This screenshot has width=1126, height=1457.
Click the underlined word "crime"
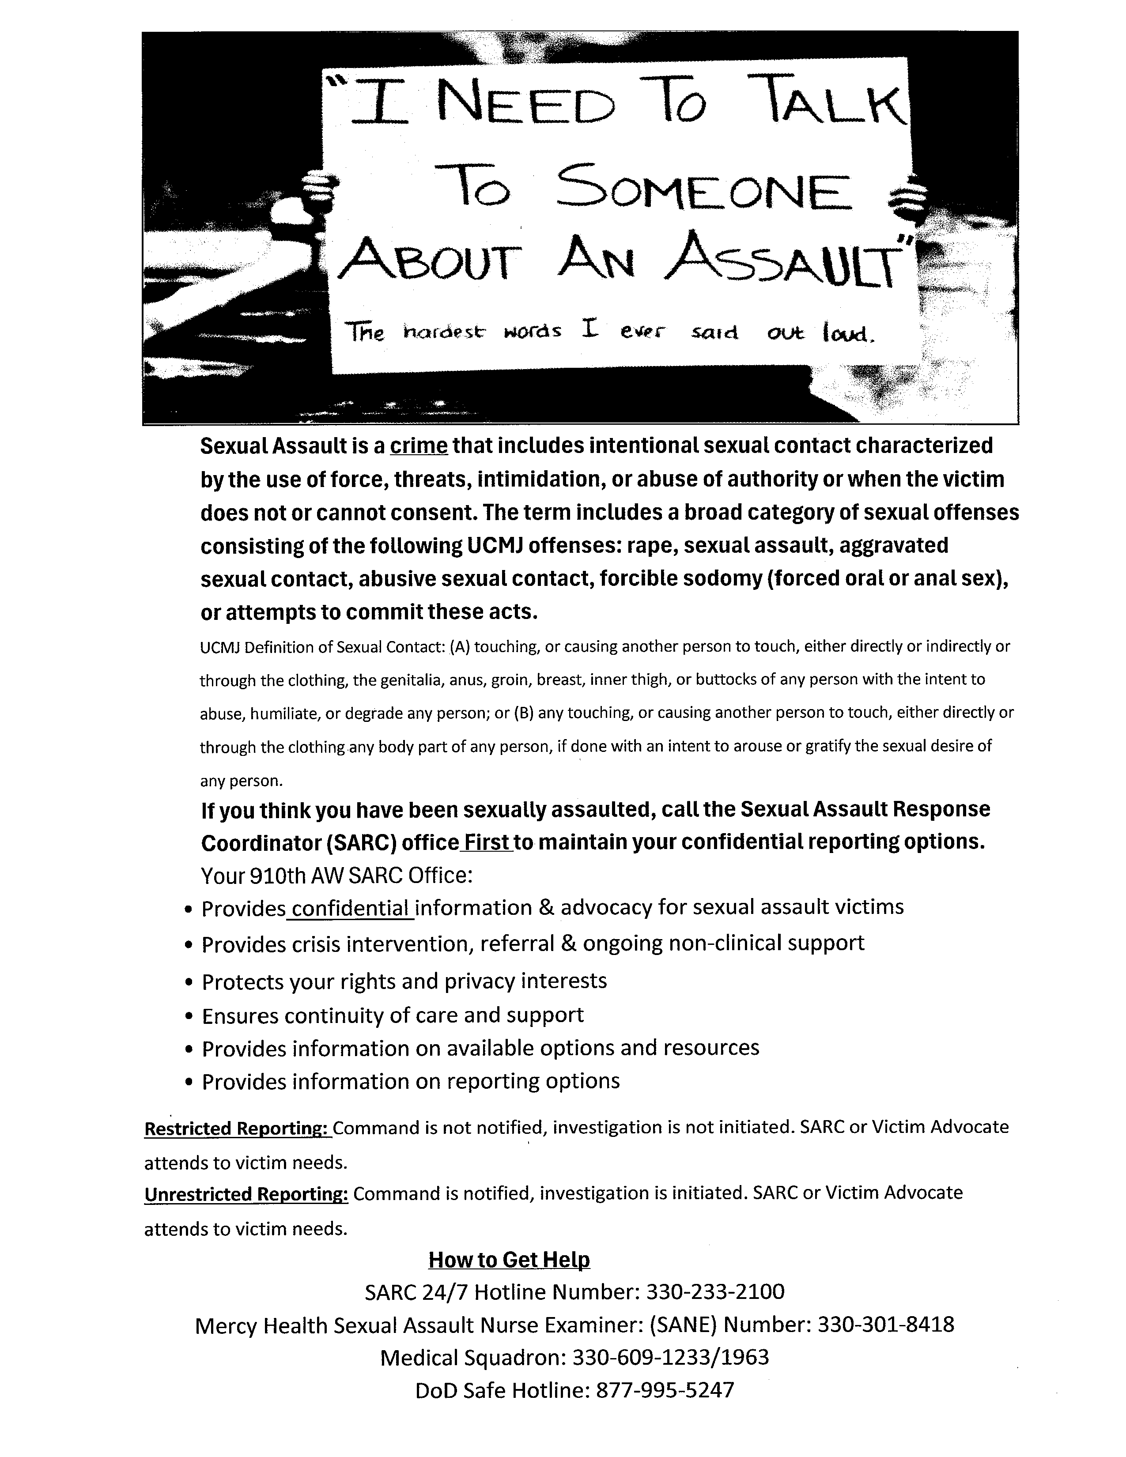[x=418, y=445]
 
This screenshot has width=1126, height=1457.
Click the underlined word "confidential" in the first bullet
[x=350, y=908]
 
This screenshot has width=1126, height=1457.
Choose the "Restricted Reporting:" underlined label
[x=238, y=1128]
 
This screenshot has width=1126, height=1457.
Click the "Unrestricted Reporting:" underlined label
[x=246, y=1193]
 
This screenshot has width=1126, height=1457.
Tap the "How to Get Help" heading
[x=509, y=1260]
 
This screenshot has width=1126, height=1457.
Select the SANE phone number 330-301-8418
[x=886, y=1324]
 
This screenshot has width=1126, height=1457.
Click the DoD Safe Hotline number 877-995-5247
[x=665, y=1389]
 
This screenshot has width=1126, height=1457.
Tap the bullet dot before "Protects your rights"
[x=189, y=983]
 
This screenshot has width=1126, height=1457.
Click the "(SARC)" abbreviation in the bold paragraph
[x=362, y=842]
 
